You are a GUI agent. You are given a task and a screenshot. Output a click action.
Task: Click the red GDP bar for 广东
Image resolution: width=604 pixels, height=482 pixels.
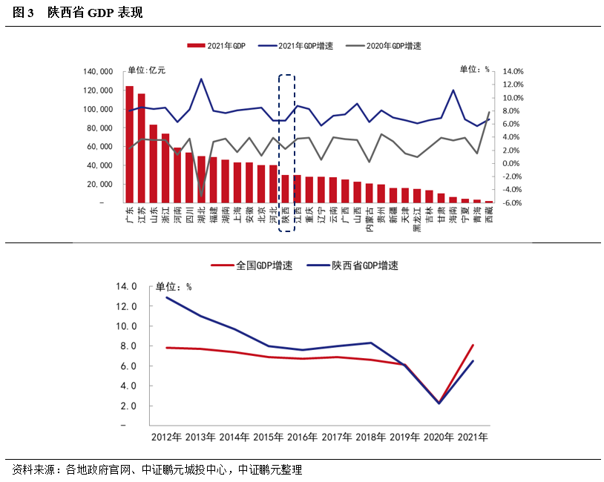pos(130,145)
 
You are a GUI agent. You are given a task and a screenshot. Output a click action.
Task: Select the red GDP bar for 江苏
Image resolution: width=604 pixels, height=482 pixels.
pos(142,148)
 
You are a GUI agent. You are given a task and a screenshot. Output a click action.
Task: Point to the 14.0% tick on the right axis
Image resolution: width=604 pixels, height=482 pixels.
pos(513,72)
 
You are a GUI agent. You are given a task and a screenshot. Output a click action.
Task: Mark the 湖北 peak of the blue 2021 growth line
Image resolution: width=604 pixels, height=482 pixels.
pos(202,79)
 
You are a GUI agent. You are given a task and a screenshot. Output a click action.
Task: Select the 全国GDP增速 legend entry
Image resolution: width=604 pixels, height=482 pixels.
pos(252,265)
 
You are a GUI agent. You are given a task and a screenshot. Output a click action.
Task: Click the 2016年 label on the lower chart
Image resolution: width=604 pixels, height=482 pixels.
pos(302,438)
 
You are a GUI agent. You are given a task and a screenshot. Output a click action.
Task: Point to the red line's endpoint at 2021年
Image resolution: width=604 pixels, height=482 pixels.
pos(473,345)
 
